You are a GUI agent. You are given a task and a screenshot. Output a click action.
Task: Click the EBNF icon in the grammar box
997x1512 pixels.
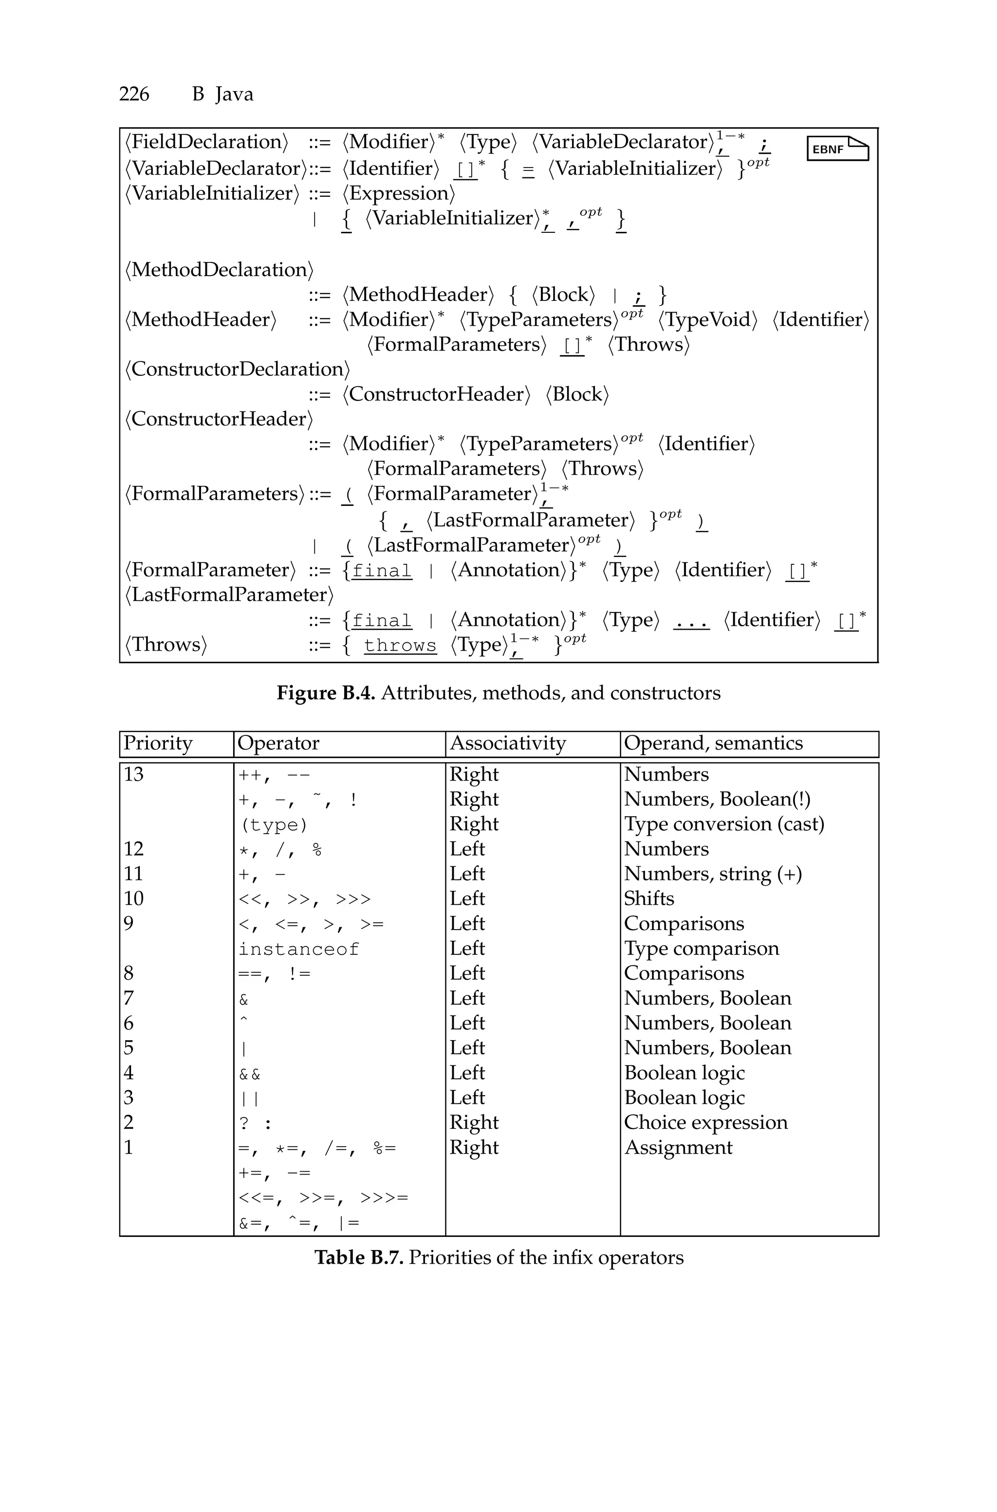coord(837,149)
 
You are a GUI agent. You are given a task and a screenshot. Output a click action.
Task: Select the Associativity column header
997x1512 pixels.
coord(507,743)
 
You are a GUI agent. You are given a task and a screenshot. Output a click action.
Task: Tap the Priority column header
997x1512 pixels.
coord(158,743)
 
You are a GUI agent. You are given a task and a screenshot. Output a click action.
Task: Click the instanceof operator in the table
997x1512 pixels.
coord(299,949)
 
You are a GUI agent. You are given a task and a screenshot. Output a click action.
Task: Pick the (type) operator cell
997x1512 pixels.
coord(274,825)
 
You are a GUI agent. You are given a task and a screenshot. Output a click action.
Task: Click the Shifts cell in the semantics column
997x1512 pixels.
coord(648,898)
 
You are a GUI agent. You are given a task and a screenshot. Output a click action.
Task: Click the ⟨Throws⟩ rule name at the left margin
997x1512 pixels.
coord(166,645)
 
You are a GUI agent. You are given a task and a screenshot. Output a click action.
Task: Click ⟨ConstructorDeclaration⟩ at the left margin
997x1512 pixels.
coord(237,370)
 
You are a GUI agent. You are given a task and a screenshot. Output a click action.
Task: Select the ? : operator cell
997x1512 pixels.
coord(255,1123)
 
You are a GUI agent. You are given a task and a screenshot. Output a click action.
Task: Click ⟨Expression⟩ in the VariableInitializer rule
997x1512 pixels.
coord(399,193)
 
